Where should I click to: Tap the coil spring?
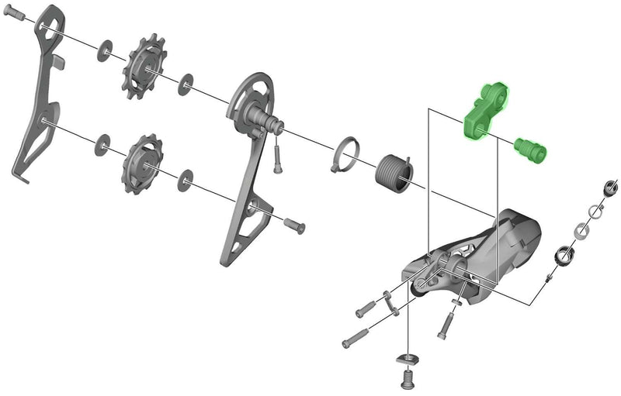point(394,170)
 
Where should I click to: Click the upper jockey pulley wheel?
point(141,64)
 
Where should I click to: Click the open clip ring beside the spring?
point(346,152)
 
